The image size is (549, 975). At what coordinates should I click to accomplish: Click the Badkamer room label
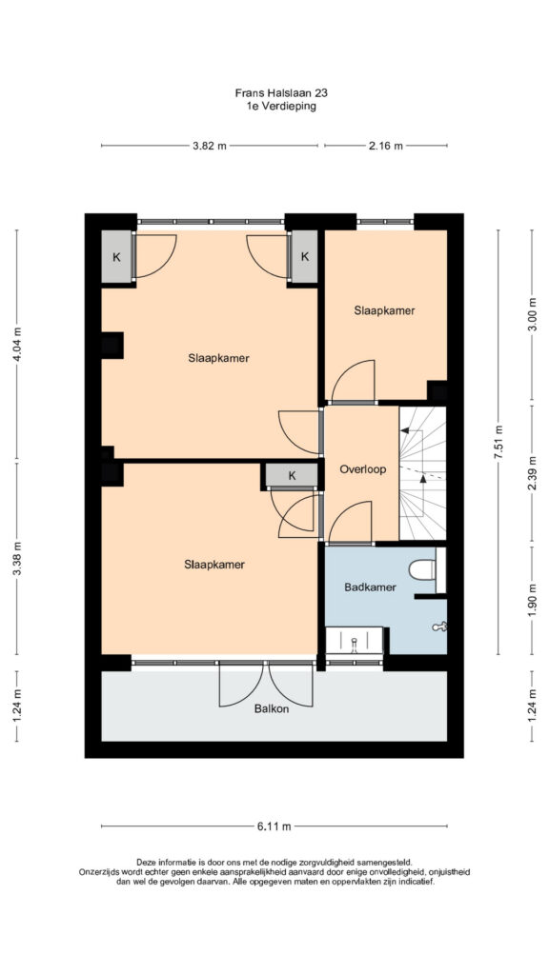pos(370,587)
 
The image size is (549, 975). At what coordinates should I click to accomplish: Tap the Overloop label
pos(363,470)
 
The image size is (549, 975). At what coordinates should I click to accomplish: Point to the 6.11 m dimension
pos(274,826)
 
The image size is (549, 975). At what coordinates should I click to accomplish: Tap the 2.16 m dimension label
pos(386,146)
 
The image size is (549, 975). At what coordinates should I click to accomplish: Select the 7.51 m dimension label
pos(498,442)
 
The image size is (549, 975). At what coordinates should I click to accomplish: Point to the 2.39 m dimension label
pos(532,474)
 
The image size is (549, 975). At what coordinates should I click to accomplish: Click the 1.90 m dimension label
pos(532,600)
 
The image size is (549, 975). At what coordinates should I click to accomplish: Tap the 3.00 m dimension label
pos(532,316)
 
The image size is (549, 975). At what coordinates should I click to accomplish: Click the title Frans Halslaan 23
pos(281,93)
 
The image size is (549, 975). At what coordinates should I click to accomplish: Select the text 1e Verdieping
pos(281,107)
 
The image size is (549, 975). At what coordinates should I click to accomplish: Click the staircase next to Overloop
pos(422,473)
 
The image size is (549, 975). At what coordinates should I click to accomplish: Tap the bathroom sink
pos(355,640)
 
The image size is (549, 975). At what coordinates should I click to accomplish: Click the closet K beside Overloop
pos(292,476)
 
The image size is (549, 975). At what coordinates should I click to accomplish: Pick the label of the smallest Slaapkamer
pos(385,310)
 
